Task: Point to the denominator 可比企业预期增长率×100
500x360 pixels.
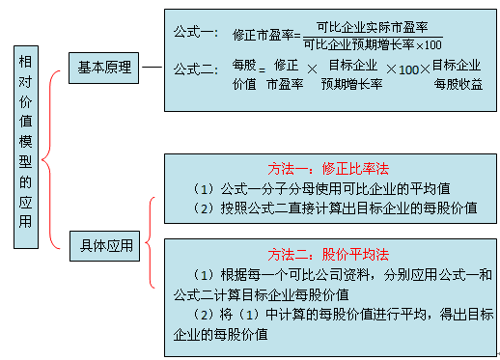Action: [x=372, y=43]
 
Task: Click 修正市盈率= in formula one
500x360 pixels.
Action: [x=265, y=35]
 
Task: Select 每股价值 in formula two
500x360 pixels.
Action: [x=244, y=74]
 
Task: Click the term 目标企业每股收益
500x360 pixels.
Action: [x=457, y=74]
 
